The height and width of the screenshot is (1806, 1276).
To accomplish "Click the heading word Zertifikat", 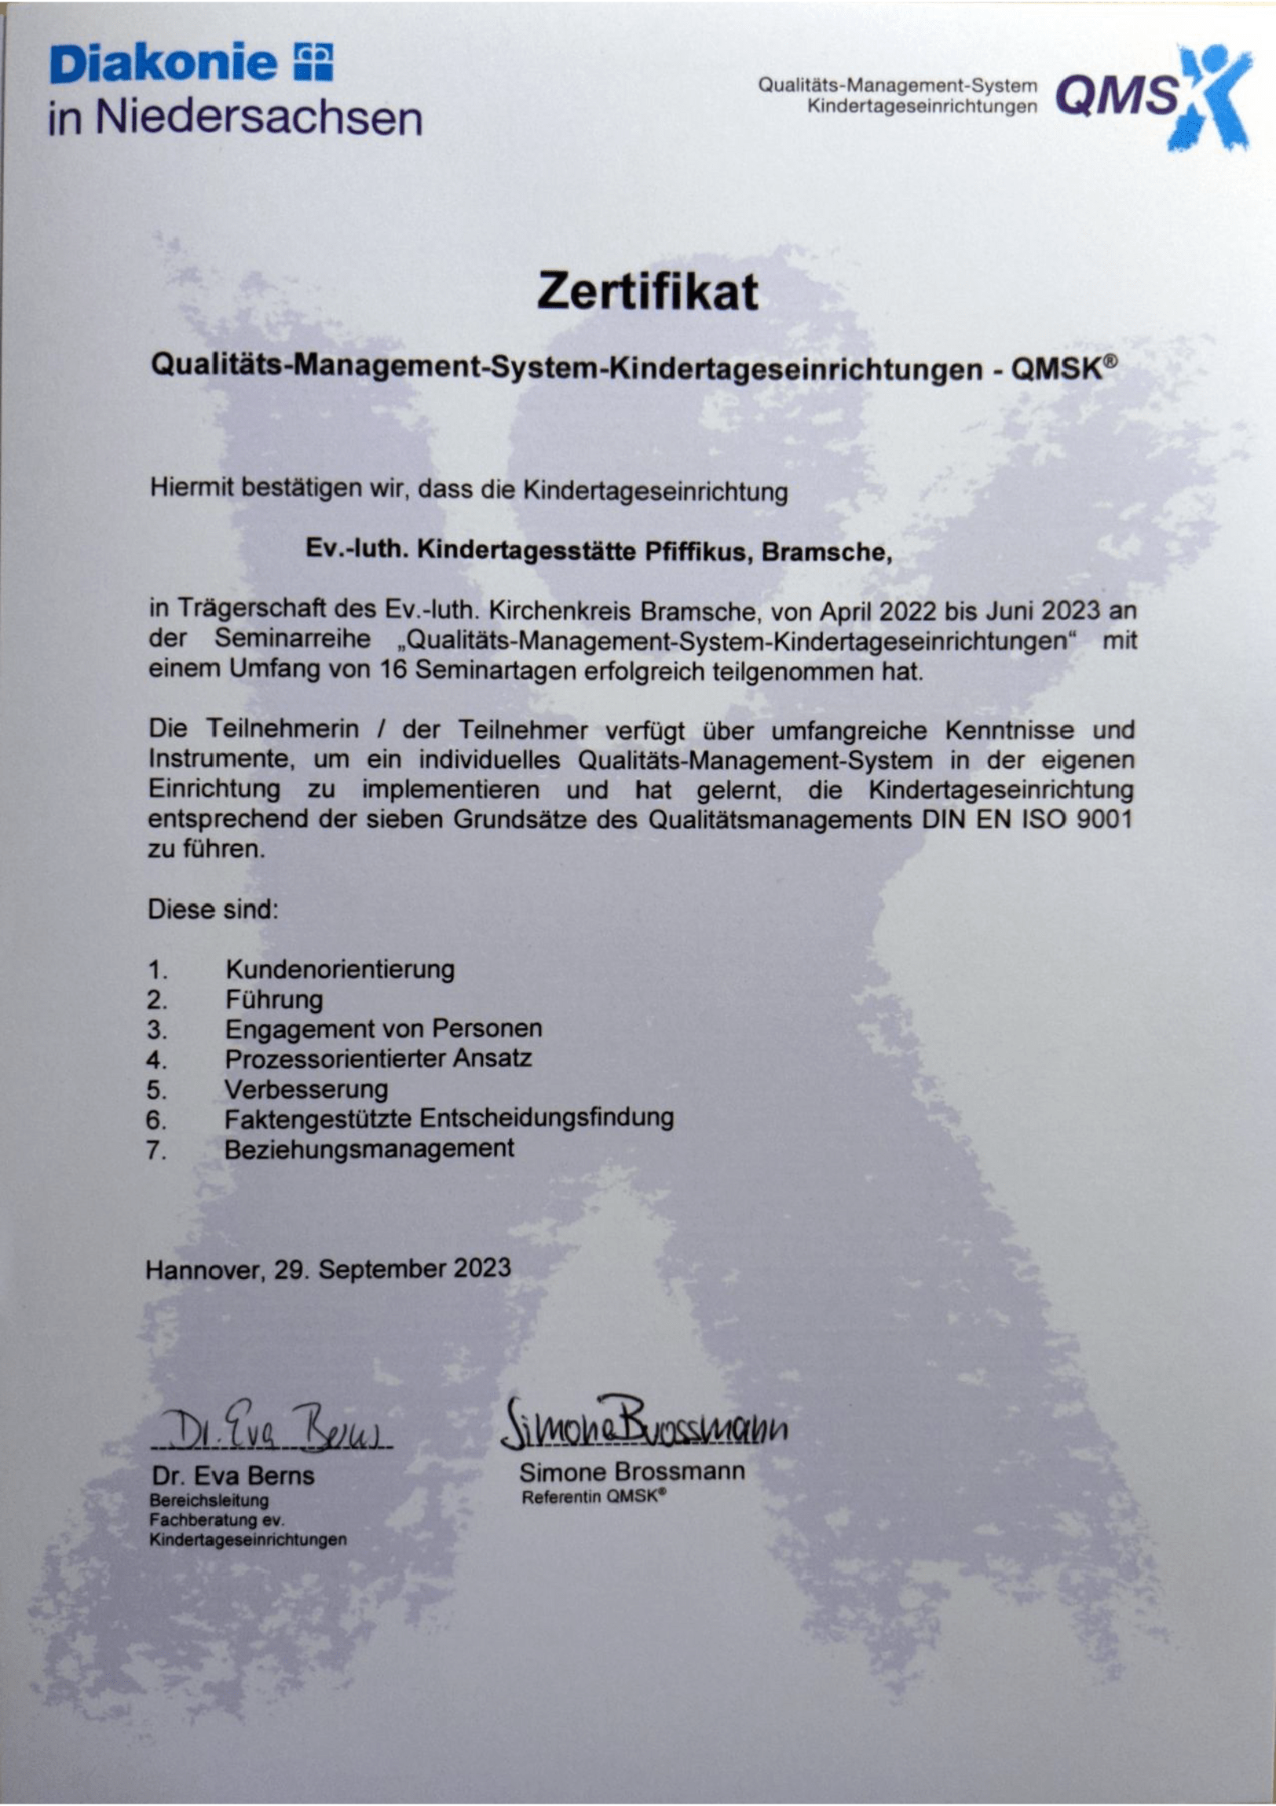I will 648,292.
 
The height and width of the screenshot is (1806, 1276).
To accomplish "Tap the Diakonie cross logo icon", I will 313,62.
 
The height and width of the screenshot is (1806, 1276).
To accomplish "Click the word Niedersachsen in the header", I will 260,119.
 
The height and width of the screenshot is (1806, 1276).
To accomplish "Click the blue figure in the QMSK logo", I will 1212,94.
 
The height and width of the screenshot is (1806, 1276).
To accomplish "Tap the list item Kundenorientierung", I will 340,969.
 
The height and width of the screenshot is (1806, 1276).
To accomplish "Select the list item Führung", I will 274,1000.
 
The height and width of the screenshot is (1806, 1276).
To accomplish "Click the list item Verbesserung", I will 306,1089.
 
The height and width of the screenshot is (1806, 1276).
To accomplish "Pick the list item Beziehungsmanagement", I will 369,1149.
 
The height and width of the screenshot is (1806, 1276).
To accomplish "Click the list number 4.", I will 155,1060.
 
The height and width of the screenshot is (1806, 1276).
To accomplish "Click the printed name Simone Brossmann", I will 631,1471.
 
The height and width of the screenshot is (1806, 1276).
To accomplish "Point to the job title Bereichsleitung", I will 208,1500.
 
